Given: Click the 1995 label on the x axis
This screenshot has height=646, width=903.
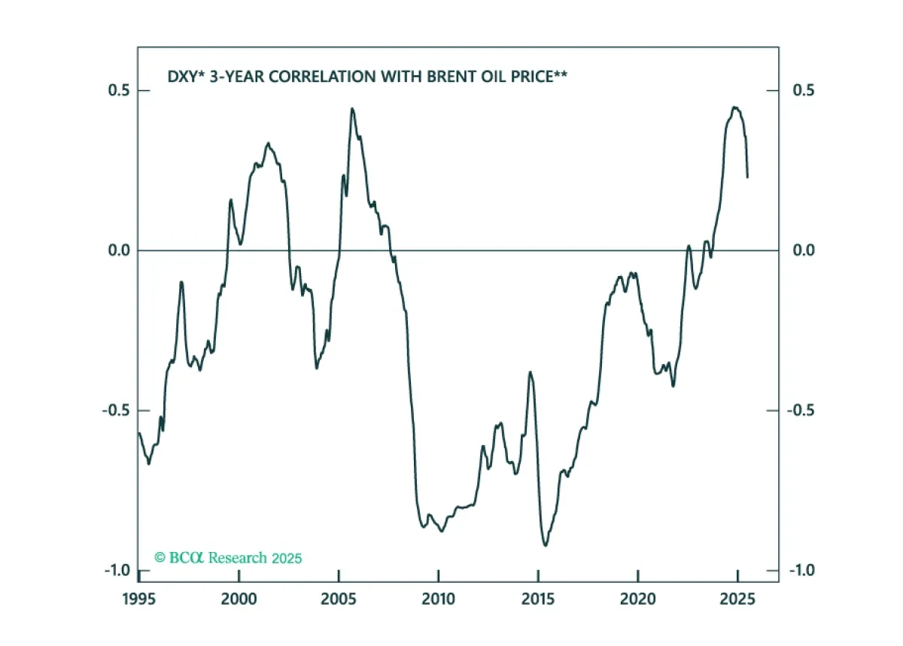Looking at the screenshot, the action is pyautogui.click(x=138, y=599).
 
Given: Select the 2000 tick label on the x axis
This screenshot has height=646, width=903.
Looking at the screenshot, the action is pyautogui.click(x=239, y=599).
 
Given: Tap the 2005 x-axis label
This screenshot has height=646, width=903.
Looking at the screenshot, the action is pyautogui.click(x=339, y=599).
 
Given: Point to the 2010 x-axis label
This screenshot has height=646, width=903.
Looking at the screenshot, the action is pyautogui.click(x=438, y=599).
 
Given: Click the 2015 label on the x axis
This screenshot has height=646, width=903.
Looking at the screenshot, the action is pyautogui.click(x=538, y=599).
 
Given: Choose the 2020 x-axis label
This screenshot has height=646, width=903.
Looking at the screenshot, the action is pyautogui.click(x=638, y=599).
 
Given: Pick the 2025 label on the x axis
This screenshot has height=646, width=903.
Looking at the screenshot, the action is pyautogui.click(x=737, y=599).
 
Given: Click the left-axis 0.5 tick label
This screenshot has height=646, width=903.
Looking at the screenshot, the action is pyautogui.click(x=119, y=90).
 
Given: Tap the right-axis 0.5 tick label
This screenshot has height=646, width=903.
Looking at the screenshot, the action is pyautogui.click(x=804, y=90).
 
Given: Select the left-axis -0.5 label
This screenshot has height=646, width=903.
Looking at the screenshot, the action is pyautogui.click(x=116, y=411).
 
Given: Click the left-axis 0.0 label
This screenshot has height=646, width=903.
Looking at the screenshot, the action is pyautogui.click(x=119, y=250).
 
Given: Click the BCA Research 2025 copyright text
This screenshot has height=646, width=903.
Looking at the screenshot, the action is pyautogui.click(x=228, y=558).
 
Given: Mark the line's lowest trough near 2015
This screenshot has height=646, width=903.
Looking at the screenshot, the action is pyautogui.click(x=546, y=546).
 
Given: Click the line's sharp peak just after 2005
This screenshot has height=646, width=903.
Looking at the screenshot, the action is pyautogui.click(x=352, y=108).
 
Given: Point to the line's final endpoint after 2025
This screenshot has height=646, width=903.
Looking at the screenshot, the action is pyautogui.click(x=747, y=177).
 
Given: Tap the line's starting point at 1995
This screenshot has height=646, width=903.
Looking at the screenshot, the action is pyautogui.click(x=139, y=433).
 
